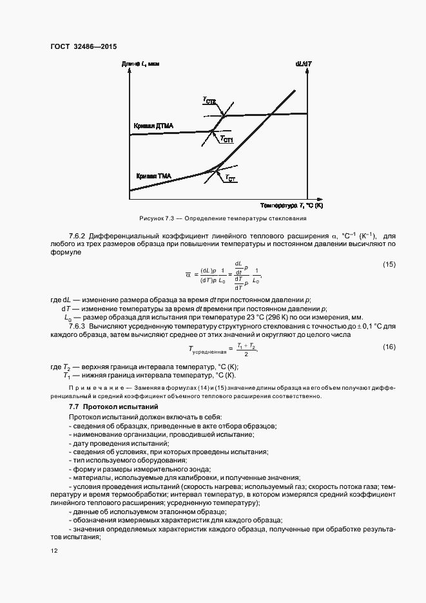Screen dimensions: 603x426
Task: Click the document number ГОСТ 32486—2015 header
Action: point(83,46)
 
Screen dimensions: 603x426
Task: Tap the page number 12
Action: point(53,550)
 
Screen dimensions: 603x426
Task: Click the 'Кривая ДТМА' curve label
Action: point(153,125)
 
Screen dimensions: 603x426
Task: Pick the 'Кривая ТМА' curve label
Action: point(153,175)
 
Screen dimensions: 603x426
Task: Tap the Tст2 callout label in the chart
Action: point(209,101)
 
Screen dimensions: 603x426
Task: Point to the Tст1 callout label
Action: point(226,139)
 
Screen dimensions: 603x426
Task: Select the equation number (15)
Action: point(389,265)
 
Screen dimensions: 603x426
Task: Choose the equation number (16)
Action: point(389,347)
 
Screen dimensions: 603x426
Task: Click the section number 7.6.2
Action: point(80,236)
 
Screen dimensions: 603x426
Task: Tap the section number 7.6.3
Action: point(80,327)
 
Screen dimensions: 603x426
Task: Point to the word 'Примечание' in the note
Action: point(91,388)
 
